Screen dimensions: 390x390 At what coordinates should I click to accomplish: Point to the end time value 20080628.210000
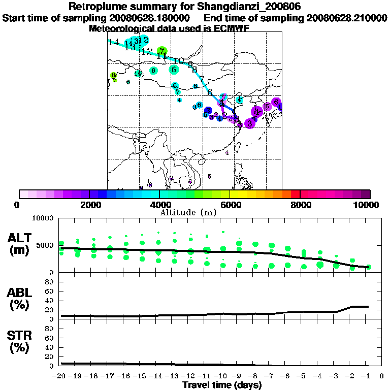coord(347,18)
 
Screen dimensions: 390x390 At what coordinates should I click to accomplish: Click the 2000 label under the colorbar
coord(89,205)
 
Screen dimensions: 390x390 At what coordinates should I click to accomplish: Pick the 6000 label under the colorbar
coord(230,205)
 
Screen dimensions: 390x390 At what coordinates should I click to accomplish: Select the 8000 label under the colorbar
coord(300,205)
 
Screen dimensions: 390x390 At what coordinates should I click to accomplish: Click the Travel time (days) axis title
coord(222,385)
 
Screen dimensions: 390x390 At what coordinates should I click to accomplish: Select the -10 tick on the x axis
coord(222,376)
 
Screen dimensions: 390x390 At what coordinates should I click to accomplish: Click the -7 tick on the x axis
coord(270,376)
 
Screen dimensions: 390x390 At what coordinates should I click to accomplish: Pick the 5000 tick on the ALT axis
coord(45,245)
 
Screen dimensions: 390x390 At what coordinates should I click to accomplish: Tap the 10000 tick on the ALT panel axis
coord(43,218)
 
